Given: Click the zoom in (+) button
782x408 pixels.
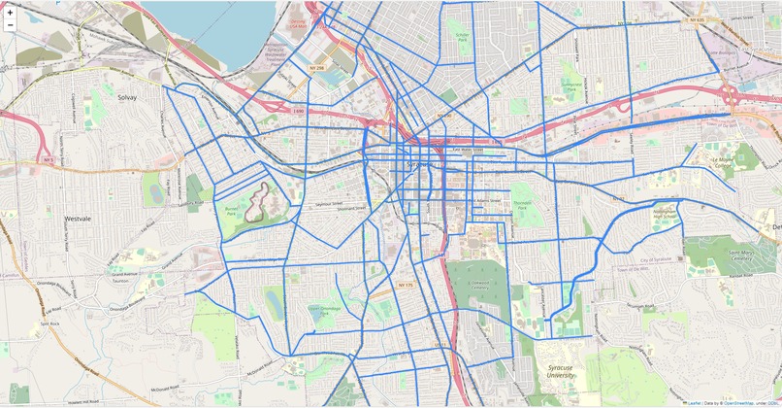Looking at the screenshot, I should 10,12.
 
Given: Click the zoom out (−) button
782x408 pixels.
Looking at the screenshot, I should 10,26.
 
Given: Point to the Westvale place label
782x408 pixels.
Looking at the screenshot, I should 78,220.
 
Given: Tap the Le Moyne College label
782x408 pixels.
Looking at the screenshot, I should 723,161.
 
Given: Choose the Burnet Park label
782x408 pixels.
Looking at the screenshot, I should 230,209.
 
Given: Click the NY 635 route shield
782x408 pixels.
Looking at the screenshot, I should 697,19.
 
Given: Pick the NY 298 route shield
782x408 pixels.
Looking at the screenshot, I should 315,68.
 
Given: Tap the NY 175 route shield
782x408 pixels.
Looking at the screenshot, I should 406,285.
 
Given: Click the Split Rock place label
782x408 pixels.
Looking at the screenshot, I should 50,323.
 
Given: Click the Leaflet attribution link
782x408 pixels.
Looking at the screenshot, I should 694,402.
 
